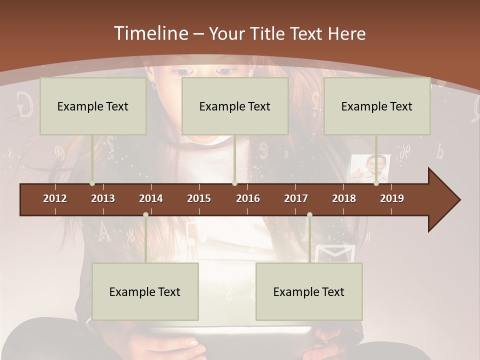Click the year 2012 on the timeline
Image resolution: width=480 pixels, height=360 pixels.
click(x=55, y=198)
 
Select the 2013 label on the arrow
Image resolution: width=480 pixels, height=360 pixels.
click(x=103, y=198)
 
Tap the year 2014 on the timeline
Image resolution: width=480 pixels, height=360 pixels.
click(x=151, y=198)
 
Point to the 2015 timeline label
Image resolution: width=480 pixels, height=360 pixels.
click(x=199, y=198)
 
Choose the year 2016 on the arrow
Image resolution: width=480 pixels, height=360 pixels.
click(x=248, y=198)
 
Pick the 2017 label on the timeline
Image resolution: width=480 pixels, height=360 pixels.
click(x=296, y=198)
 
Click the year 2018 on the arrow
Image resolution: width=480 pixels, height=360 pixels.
click(x=344, y=198)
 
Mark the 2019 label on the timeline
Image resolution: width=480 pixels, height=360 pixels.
click(x=392, y=198)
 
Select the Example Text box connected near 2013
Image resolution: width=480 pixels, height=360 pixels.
click(x=93, y=106)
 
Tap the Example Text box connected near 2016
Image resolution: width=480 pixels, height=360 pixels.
click(x=235, y=106)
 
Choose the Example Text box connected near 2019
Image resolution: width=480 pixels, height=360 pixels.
click(x=377, y=106)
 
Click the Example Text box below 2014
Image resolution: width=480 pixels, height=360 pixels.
click(x=145, y=292)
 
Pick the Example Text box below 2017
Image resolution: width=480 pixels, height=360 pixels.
click(x=309, y=292)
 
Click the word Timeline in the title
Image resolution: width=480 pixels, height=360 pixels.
click(x=150, y=33)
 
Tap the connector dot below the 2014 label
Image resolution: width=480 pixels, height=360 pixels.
click(x=145, y=215)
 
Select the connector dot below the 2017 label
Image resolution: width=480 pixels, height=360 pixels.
click(x=309, y=215)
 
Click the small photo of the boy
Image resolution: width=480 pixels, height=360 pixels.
click(x=370, y=168)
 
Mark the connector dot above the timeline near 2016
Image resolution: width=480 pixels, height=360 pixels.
click(x=234, y=183)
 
